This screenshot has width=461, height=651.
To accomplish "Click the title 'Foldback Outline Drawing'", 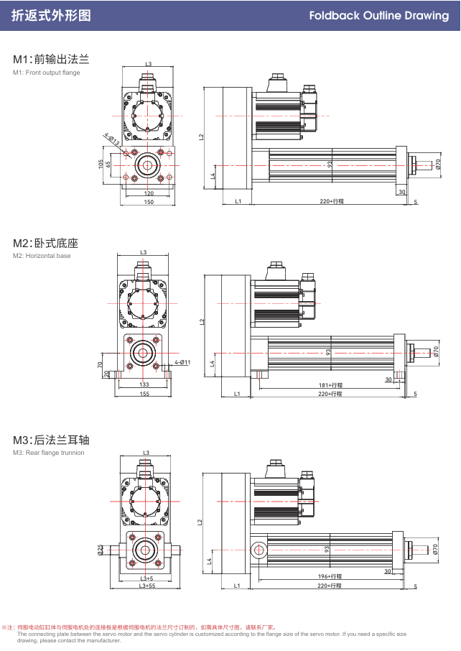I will click(378, 15).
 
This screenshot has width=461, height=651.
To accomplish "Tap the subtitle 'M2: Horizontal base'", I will click(42, 256).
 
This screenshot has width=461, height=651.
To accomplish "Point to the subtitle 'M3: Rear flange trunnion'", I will click(48, 453).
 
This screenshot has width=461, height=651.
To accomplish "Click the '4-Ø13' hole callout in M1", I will click(111, 138).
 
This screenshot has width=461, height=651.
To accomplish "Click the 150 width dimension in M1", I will click(149, 202).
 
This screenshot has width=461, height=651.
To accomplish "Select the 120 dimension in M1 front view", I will click(149, 193).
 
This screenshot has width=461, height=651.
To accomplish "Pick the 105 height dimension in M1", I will click(101, 164).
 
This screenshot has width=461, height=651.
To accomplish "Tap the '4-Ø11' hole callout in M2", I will click(182, 362).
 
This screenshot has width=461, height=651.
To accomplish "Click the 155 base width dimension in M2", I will click(144, 394).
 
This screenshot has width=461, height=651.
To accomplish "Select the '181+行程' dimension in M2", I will click(330, 386).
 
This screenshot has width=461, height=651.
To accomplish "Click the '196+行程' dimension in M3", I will click(330, 576).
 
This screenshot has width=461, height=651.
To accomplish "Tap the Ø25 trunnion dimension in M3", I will click(101, 550).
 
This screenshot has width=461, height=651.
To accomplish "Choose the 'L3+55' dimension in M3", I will click(147, 586).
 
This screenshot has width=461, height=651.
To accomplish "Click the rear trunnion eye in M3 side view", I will click(258, 551).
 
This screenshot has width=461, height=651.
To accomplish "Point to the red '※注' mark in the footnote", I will click(8, 627).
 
